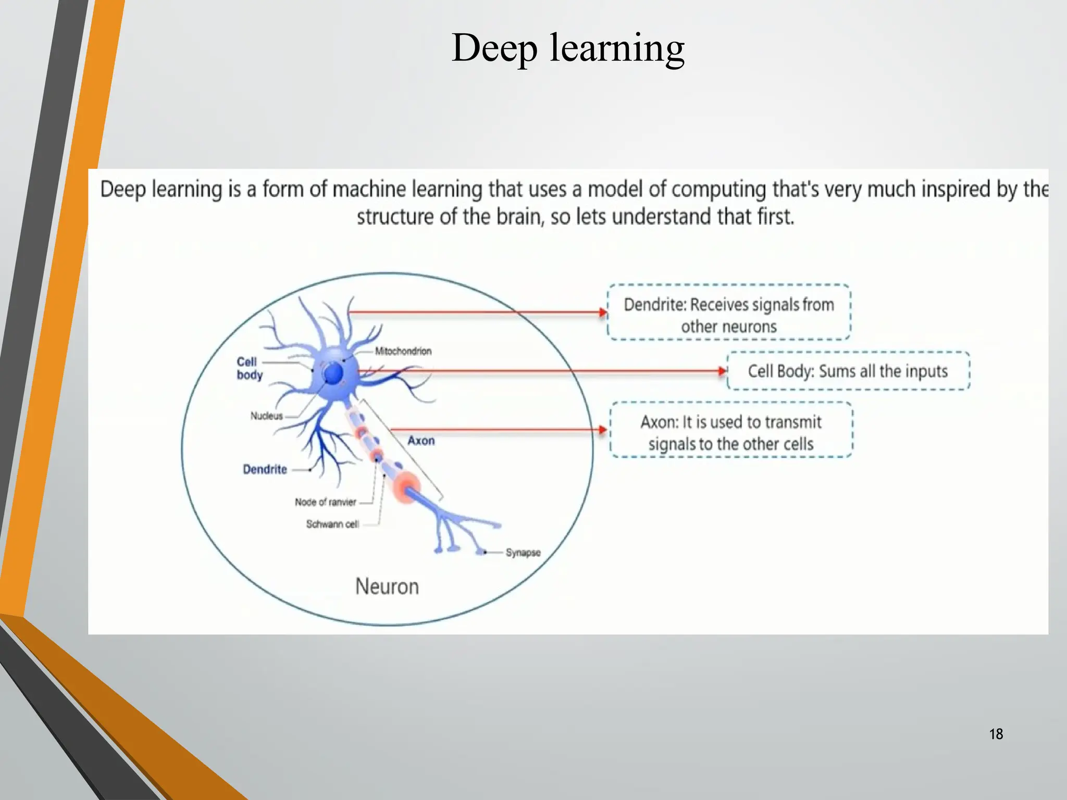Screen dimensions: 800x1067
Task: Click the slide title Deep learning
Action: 568,48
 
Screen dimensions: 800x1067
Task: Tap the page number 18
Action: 996,734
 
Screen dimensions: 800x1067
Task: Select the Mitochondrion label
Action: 403,351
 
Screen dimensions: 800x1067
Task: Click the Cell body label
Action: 249,368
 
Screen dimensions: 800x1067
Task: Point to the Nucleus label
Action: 266,416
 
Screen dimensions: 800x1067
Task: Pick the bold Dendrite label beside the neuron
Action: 265,469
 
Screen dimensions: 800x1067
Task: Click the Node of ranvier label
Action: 326,502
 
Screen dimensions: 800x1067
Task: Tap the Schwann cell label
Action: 332,524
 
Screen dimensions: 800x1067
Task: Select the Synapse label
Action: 523,553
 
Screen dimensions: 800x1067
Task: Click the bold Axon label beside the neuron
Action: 421,441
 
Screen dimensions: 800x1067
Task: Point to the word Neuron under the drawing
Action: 387,586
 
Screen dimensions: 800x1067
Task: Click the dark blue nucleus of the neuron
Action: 333,373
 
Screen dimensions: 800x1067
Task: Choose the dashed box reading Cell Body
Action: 848,371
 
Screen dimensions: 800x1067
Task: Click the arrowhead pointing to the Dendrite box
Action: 603,312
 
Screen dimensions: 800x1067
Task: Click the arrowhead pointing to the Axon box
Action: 603,430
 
